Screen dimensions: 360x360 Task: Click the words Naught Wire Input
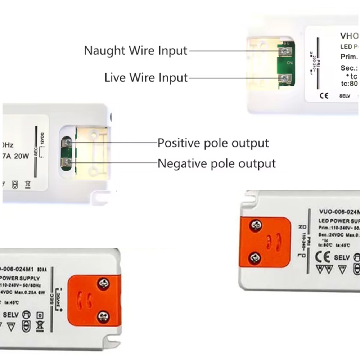point(135,50)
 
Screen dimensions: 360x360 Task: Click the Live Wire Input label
point(146,78)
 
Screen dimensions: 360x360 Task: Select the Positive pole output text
point(213,143)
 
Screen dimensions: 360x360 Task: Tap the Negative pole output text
point(217,164)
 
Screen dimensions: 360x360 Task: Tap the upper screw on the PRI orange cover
point(256,226)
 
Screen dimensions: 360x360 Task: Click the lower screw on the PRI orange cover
point(255,257)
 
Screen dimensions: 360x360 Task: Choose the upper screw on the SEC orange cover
point(104,283)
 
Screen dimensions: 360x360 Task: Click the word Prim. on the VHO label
point(349,57)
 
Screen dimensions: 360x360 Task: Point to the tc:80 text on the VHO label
point(349,84)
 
